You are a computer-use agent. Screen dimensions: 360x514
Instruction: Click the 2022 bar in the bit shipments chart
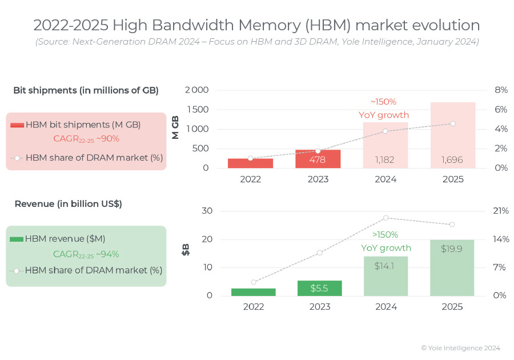click(250, 163)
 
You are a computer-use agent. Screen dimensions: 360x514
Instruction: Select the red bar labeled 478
click(318, 159)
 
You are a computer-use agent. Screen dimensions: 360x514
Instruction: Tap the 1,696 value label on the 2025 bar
click(452, 159)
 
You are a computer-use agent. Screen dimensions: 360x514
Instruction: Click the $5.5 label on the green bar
click(319, 289)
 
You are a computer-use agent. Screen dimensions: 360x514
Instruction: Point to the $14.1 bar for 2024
click(385, 276)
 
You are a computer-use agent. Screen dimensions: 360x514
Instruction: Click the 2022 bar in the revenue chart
click(253, 291)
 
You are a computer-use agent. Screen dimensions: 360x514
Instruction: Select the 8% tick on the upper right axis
click(501, 90)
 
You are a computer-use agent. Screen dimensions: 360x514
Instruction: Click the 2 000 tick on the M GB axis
click(197, 90)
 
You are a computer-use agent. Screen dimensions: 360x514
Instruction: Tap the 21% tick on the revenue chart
click(501, 211)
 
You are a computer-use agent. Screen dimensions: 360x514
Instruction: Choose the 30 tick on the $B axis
click(207, 211)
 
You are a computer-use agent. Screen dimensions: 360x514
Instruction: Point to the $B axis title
click(186, 250)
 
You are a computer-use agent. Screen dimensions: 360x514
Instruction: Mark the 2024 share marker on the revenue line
click(386, 218)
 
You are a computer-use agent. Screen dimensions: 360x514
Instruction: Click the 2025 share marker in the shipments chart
click(452, 123)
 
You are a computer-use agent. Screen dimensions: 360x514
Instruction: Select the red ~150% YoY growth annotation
click(383, 108)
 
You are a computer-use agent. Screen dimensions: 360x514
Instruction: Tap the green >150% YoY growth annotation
click(385, 241)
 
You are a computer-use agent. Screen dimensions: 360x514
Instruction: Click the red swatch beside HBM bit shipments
click(17, 125)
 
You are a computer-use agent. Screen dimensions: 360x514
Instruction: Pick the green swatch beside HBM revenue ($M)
click(17, 239)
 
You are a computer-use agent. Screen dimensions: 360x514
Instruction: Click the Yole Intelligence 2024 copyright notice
click(460, 347)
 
